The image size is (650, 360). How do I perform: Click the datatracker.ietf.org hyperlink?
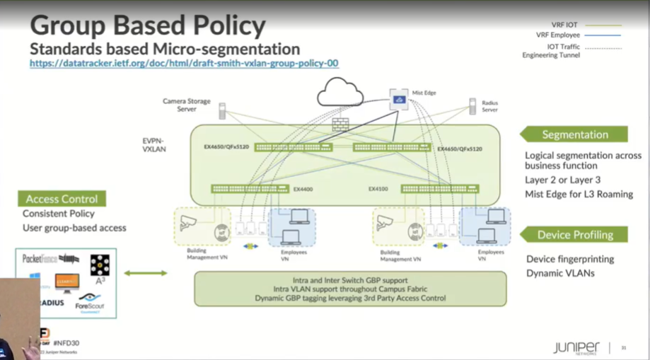(184, 63)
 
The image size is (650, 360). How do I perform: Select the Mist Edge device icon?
(398, 101)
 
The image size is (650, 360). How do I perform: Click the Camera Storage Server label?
(187, 105)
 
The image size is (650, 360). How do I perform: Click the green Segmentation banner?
(574, 134)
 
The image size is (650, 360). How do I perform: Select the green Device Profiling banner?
(574, 235)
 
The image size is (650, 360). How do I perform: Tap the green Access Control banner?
(62, 199)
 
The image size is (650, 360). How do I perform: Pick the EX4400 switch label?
(302, 189)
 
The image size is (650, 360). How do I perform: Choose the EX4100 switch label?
(378, 189)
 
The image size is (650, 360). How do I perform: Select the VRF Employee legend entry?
(558, 35)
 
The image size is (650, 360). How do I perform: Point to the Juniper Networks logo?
(576, 347)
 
